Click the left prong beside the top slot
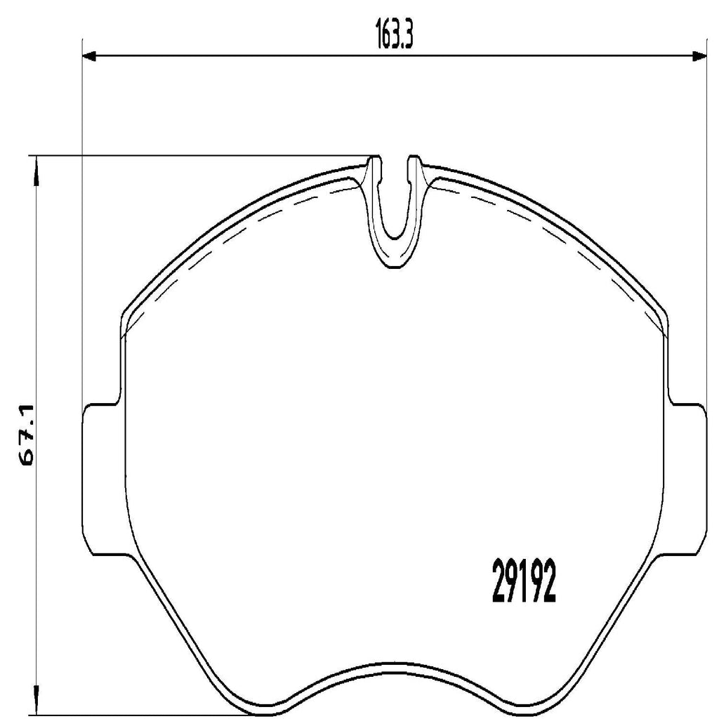pos(374,169)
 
